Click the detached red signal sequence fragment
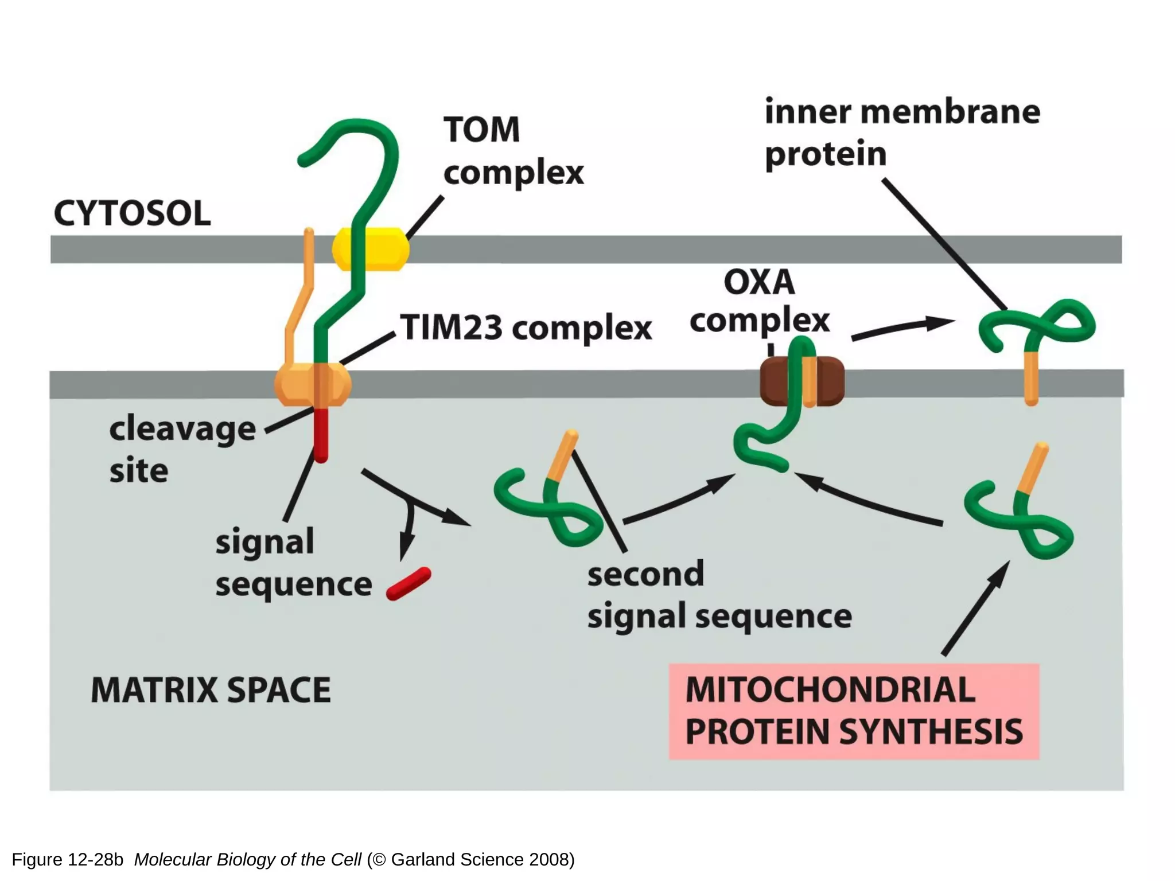[408, 583]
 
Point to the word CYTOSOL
[132, 213]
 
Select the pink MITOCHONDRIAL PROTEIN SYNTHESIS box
[854, 711]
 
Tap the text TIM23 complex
[526, 328]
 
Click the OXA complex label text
[760, 301]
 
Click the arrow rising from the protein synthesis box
[975, 608]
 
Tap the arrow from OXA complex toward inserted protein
[901, 328]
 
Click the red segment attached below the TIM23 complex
[321, 434]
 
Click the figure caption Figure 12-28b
[68, 860]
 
